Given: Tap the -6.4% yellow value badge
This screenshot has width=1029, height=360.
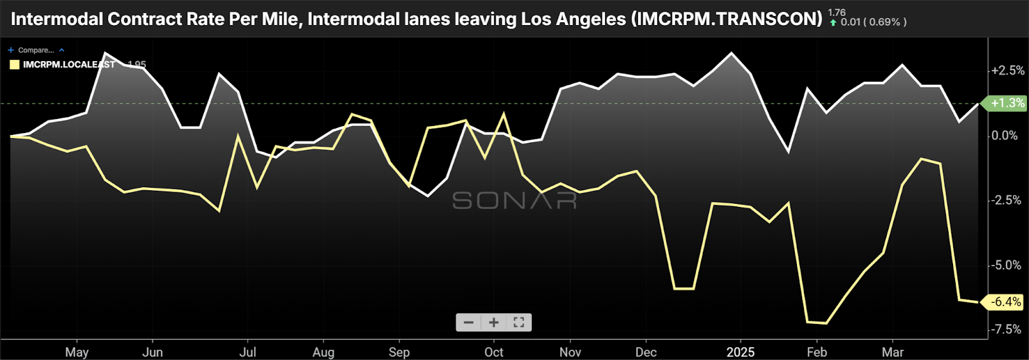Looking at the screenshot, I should pyautogui.click(x=1006, y=301).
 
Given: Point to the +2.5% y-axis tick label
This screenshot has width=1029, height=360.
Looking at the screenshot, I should pyautogui.click(x=1008, y=70).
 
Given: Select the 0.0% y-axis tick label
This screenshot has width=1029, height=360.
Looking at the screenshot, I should pyautogui.click(x=1005, y=135).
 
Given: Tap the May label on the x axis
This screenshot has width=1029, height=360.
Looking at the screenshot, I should pyautogui.click(x=77, y=352).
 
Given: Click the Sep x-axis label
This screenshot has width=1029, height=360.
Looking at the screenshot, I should pyautogui.click(x=399, y=352).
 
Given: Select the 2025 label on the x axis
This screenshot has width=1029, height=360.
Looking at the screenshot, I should pyautogui.click(x=740, y=352).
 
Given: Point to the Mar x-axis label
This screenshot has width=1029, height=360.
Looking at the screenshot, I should pyautogui.click(x=893, y=352).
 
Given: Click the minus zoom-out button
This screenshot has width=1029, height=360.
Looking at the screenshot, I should pyautogui.click(x=469, y=322).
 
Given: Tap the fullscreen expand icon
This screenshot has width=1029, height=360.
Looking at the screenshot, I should pyautogui.click(x=518, y=322).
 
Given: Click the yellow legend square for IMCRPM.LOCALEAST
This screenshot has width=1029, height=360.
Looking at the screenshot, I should pyautogui.click(x=14, y=64).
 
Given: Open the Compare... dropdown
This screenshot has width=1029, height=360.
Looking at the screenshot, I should pyautogui.click(x=36, y=50).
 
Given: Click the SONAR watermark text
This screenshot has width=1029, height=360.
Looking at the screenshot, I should pyautogui.click(x=514, y=201).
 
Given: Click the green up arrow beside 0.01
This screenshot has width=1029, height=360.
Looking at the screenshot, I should pyautogui.click(x=833, y=22).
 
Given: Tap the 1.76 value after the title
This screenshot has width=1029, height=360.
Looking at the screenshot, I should pyautogui.click(x=837, y=12).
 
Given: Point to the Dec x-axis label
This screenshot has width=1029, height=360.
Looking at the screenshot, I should pyautogui.click(x=646, y=352).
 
